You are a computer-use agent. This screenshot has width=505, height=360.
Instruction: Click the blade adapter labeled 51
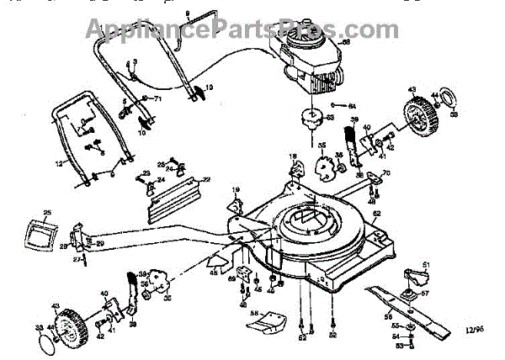point(413,277)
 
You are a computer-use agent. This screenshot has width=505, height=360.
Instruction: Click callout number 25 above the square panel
point(48,213)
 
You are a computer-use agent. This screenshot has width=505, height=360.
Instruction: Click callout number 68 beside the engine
point(345,42)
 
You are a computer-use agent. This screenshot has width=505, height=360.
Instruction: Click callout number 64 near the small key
point(353,105)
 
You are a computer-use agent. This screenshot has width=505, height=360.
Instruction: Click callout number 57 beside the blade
point(426,294)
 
